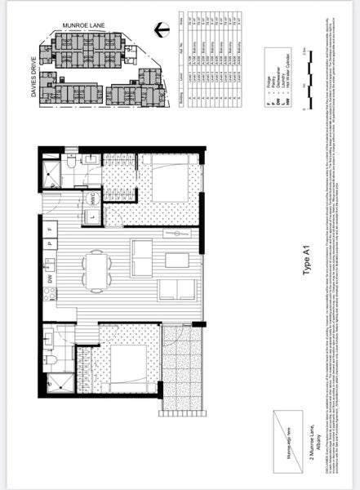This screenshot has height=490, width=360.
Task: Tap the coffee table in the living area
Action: [x=176, y=261]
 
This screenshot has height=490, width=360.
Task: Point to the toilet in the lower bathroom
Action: [x=51, y=357]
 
